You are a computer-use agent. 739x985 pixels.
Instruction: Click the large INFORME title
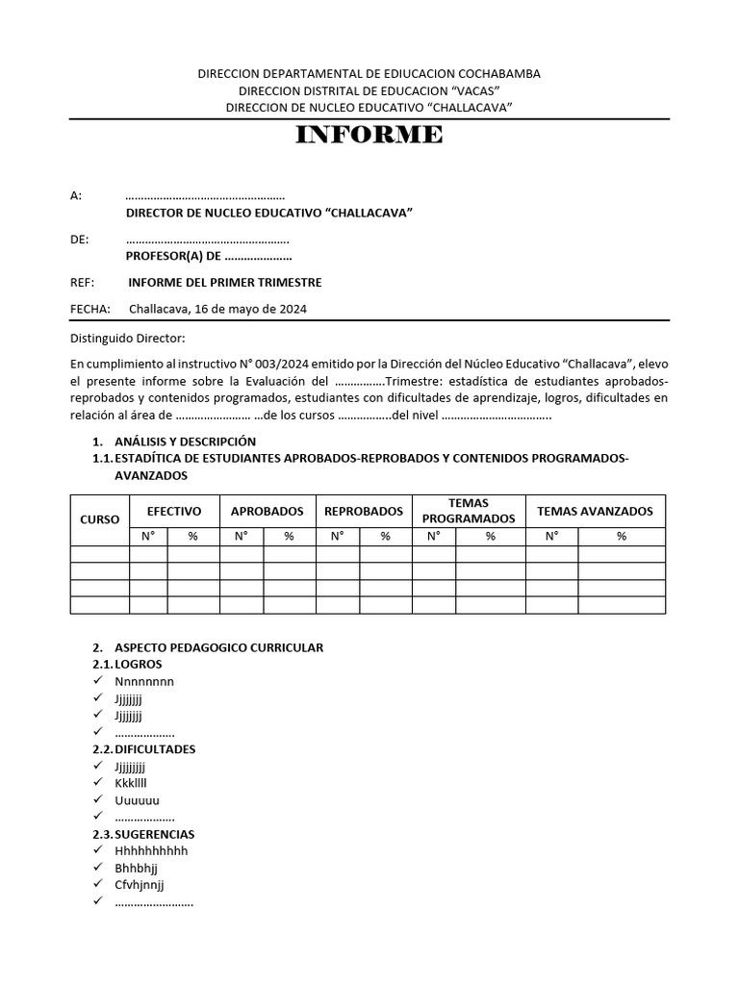369,135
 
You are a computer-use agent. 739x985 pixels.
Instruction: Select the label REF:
82,282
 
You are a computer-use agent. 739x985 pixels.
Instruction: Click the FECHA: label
90,309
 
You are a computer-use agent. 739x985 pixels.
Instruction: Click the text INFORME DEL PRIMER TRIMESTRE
224,282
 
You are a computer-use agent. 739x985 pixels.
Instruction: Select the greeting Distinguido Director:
128,338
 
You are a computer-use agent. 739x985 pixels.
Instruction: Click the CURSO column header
99,519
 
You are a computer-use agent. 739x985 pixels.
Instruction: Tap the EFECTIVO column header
173,511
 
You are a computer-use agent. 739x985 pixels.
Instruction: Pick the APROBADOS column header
267,511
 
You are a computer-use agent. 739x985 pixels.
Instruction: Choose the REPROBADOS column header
363,511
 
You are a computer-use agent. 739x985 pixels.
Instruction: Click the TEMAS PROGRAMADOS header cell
468,511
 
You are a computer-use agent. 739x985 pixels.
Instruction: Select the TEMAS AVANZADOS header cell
594,511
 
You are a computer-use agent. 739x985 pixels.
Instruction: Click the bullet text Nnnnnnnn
144,682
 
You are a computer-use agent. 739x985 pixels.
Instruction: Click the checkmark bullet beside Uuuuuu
97,800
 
